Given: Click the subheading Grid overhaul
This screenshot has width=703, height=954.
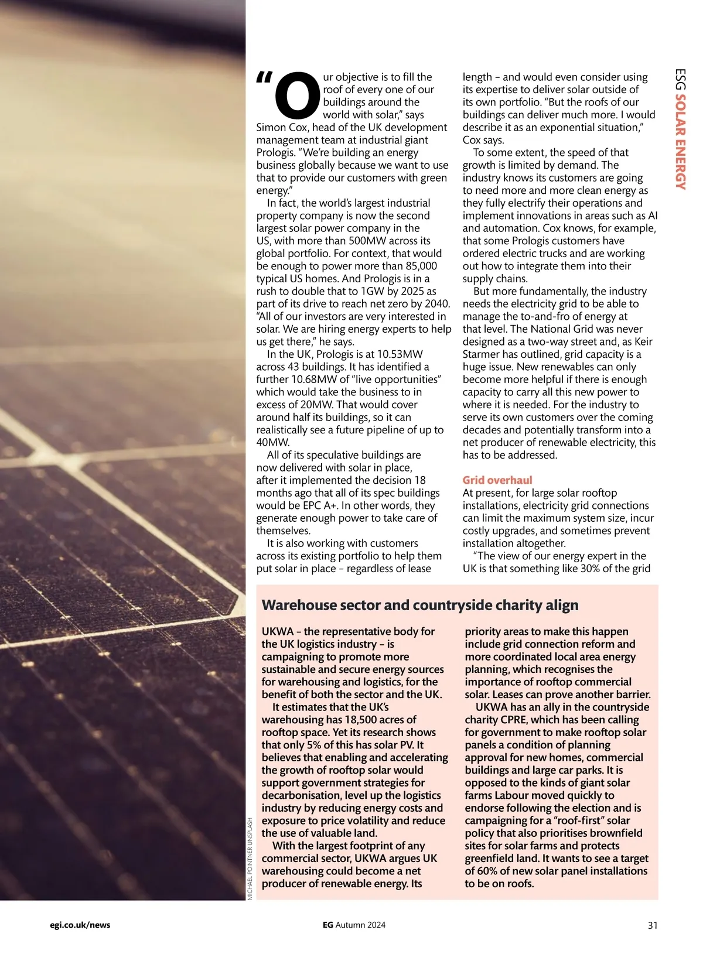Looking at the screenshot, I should click(x=497, y=480).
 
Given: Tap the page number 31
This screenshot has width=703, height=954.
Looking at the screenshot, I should click(x=653, y=925).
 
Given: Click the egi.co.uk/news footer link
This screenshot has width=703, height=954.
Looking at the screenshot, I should click(x=80, y=925).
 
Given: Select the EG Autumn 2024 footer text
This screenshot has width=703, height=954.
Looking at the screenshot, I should click(x=354, y=925).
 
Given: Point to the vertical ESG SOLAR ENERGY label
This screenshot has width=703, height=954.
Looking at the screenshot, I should click(x=680, y=129).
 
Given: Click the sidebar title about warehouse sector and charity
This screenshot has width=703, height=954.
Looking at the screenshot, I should click(x=419, y=605).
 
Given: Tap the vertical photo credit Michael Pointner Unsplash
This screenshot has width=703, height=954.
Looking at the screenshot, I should click(x=250, y=859).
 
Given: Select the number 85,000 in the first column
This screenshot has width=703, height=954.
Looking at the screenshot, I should click(x=421, y=266).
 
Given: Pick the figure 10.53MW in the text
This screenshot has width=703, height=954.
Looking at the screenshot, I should click(x=400, y=354).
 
